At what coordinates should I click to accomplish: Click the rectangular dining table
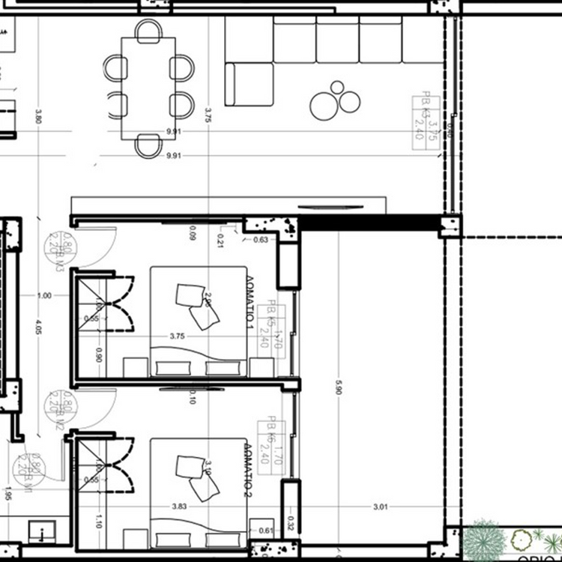pos(148,88)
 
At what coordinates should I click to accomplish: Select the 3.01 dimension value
pos(381,507)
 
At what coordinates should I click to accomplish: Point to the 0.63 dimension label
pos(261,240)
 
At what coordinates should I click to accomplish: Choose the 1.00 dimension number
pos(43,296)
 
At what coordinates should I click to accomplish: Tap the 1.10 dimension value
pos(100,520)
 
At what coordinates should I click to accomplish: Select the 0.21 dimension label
pos(221,240)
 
